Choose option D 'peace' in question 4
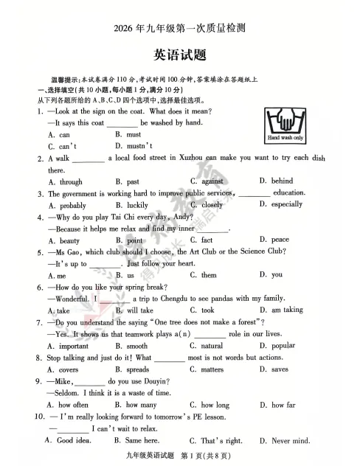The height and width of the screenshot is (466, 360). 280,240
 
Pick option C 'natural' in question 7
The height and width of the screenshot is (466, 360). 211,346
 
